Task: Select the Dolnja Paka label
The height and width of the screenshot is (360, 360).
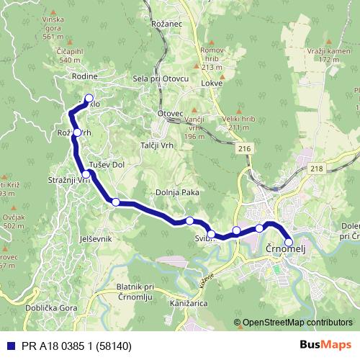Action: click(176, 192)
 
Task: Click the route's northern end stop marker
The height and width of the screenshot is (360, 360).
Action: click(89, 99)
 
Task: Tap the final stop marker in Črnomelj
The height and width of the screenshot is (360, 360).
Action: click(289, 243)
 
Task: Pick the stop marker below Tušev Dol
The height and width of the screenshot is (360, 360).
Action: click(115, 202)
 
